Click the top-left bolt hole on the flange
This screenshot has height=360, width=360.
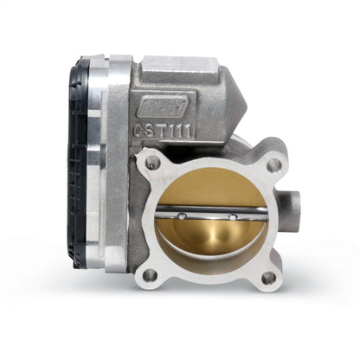[x=155, y=162]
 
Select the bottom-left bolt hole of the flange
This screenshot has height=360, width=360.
[x=151, y=274]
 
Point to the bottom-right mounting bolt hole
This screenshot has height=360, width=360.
[x=268, y=277]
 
